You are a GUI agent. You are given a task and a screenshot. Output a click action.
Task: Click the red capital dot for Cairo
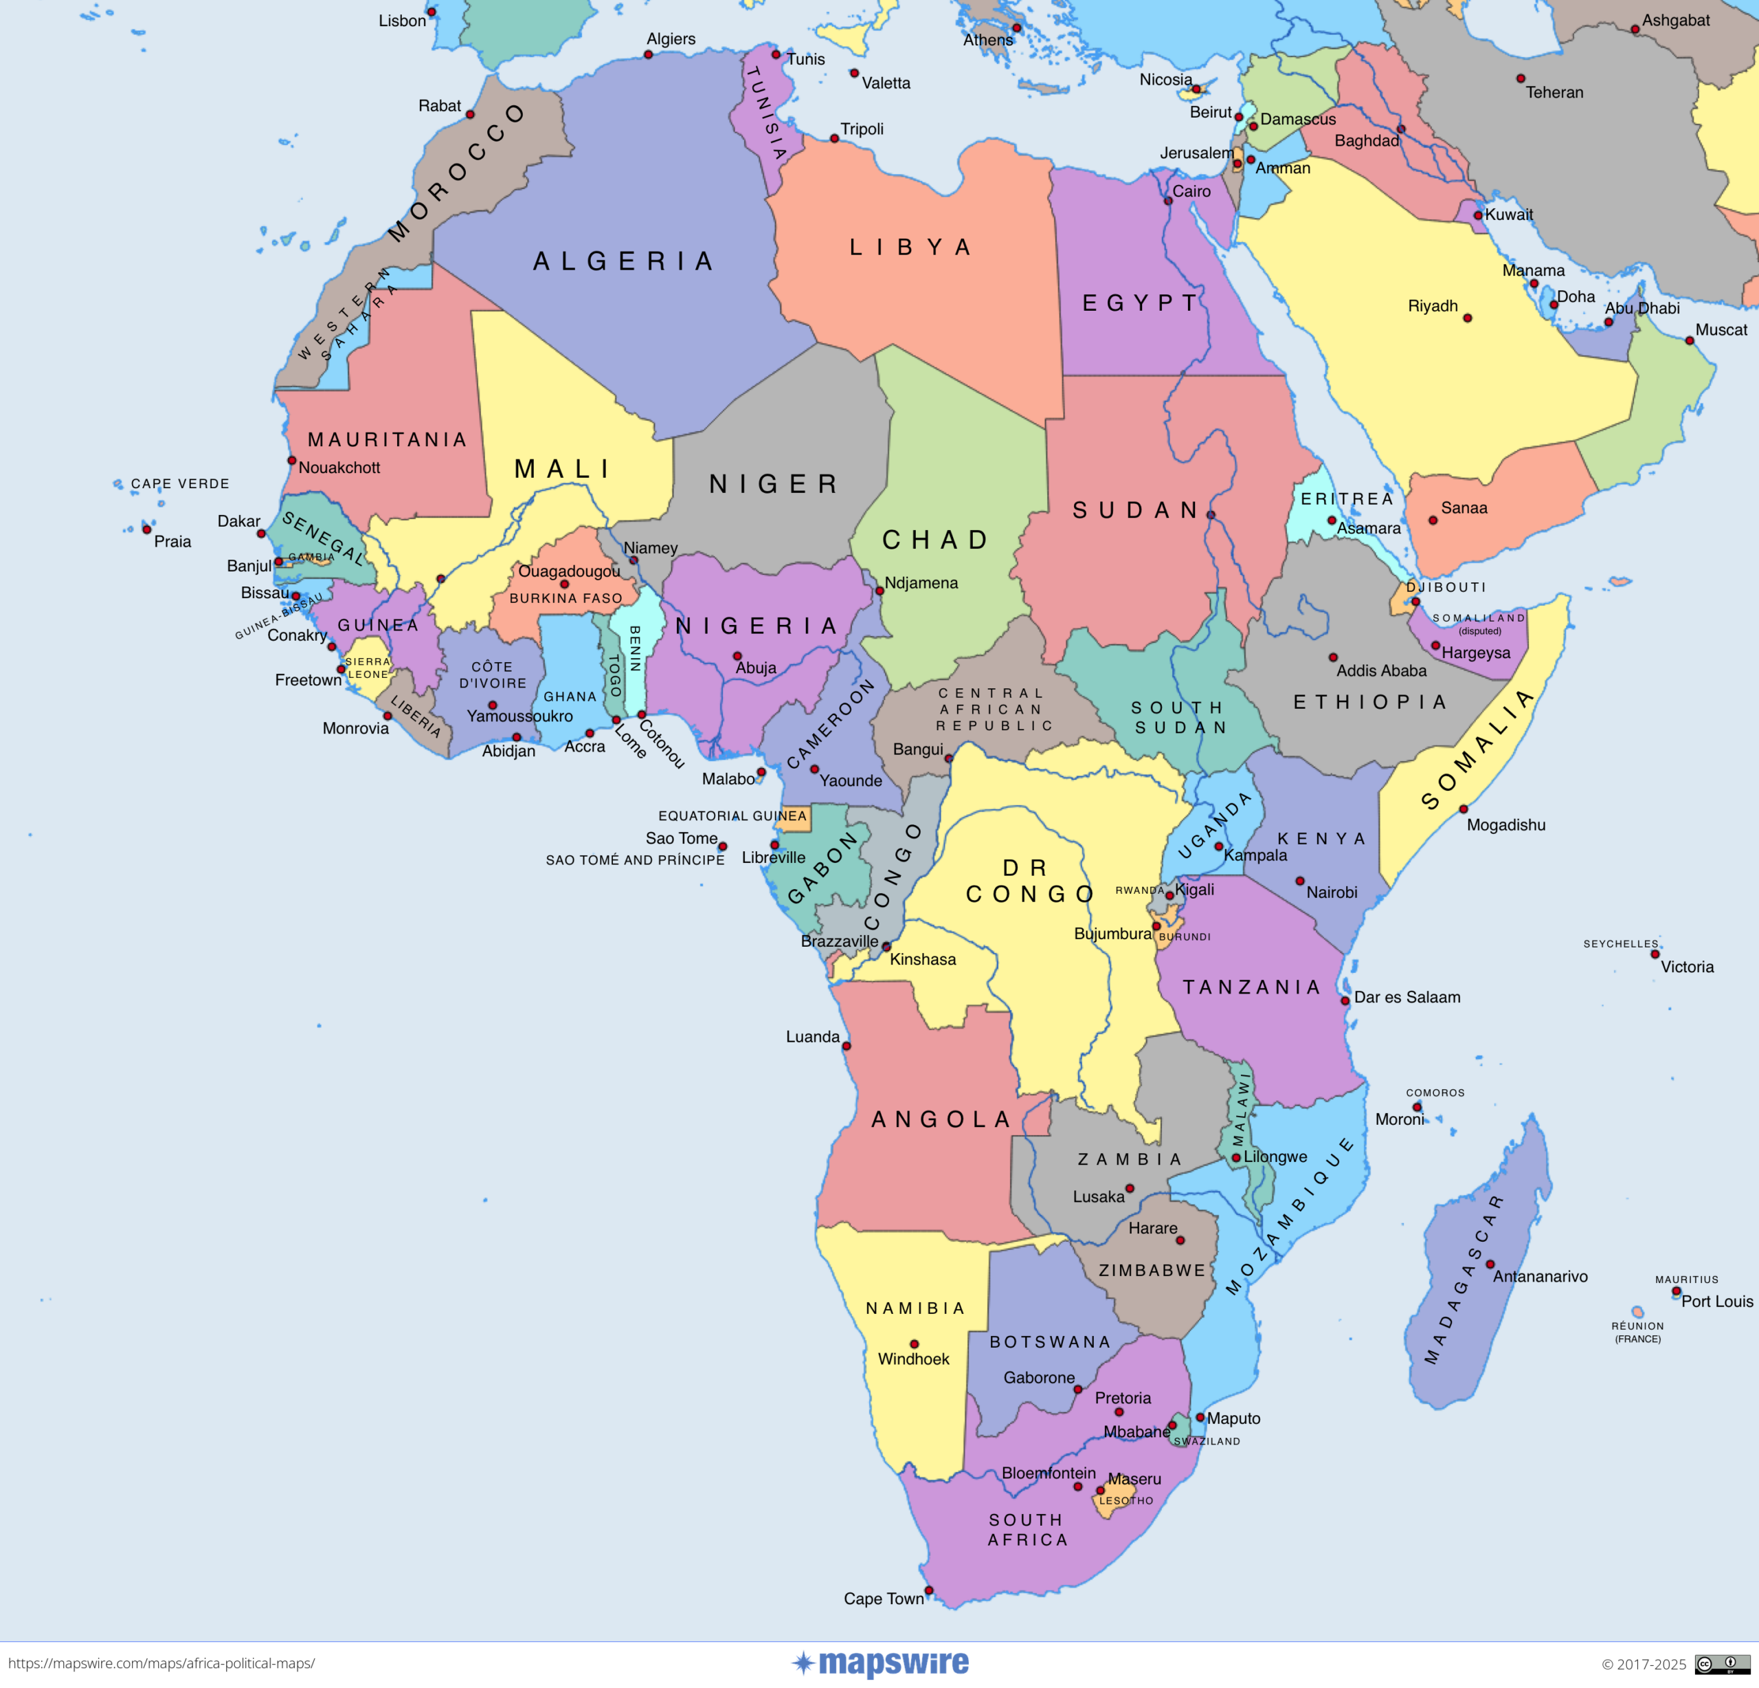click(x=1167, y=200)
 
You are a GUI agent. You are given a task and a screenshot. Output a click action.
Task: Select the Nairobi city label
click(x=1332, y=892)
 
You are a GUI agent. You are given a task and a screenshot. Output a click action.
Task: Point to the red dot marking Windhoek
click(x=915, y=1344)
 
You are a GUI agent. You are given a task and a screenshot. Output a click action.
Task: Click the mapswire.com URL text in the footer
click(x=161, y=1664)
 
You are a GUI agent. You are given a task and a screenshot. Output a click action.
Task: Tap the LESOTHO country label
click(x=1126, y=1500)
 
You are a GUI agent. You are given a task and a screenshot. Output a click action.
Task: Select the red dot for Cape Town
click(x=929, y=1590)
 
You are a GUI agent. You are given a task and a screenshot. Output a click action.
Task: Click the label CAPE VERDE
click(x=181, y=484)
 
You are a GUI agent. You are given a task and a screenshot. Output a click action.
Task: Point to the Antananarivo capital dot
click(x=1490, y=1264)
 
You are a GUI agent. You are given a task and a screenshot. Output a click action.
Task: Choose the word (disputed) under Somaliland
click(x=1480, y=631)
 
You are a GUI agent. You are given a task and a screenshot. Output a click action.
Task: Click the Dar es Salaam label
click(x=1407, y=998)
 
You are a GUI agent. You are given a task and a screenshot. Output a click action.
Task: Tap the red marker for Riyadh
click(x=1468, y=318)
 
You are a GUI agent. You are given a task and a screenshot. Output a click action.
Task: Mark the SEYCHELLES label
click(x=1621, y=943)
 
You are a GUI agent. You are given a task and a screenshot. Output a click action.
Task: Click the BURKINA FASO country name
click(x=565, y=598)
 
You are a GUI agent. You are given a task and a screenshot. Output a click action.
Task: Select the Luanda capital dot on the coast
click(x=847, y=1046)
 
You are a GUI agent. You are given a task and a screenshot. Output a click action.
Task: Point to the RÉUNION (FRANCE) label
click(x=1638, y=1333)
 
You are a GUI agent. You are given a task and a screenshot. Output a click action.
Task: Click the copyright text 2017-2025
click(x=1644, y=1665)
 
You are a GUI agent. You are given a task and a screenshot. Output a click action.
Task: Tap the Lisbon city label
click(x=402, y=21)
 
